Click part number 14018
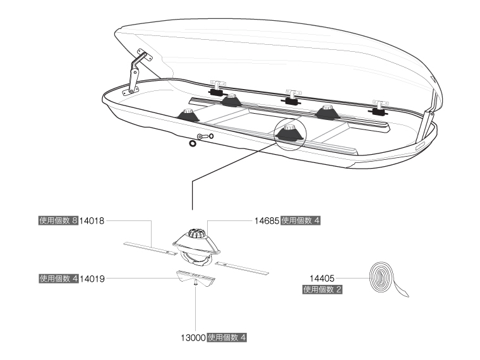pyautogui.click(x=92, y=221)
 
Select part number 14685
pyautogui.click(x=267, y=221)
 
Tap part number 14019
pyautogui.click(x=92, y=278)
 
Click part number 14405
pyautogui.click(x=322, y=277)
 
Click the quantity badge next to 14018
pyautogui.click(x=57, y=221)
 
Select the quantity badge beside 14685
pyautogui.click(x=301, y=221)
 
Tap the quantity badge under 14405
pyautogui.click(x=323, y=289)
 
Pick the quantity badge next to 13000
pyautogui.click(x=227, y=337)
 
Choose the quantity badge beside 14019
pyautogui.click(x=57, y=278)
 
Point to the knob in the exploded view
pyautogui.click(x=195, y=234)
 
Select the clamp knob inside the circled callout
pyautogui.click(x=289, y=129)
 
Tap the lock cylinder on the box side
pyautogui.click(x=201, y=136)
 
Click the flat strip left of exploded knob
pyautogui.click(x=149, y=248)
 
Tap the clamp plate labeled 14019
pyautogui.click(x=195, y=276)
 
